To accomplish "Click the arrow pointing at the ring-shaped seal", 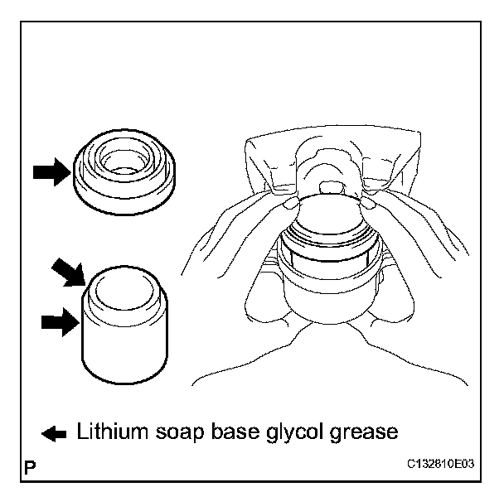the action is (x=51, y=172).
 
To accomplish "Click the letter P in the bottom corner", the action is (x=31, y=469).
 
